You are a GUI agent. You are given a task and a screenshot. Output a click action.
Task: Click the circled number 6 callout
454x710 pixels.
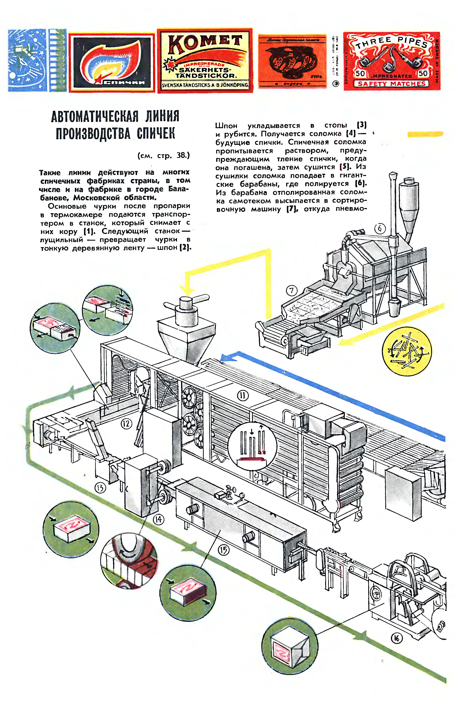(x=380, y=229)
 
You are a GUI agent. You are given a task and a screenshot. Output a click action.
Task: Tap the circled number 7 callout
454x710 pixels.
(x=292, y=291)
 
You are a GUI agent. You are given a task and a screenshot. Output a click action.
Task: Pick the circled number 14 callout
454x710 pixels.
(x=158, y=519)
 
